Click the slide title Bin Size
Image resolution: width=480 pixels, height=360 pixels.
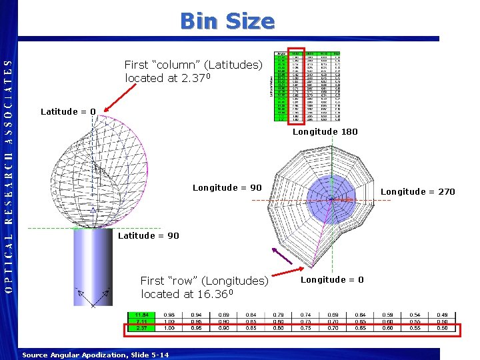click(227, 21)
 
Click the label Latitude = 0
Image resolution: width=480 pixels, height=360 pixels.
click(68, 111)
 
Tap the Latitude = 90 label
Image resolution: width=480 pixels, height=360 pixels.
click(148, 235)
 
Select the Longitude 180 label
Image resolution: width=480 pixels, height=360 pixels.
click(325, 131)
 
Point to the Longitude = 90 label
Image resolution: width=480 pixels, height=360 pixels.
click(227, 187)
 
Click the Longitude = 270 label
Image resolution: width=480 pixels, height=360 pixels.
click(417, 191)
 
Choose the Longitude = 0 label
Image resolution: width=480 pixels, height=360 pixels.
click(332, 280)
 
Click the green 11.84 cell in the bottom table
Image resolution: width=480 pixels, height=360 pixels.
click(141, 315)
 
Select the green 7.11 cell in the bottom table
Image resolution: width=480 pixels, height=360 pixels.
click(141, 321)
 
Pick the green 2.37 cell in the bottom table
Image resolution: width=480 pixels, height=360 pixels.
click(141, 327)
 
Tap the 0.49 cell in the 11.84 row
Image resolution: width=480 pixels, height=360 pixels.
click(441, 315)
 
